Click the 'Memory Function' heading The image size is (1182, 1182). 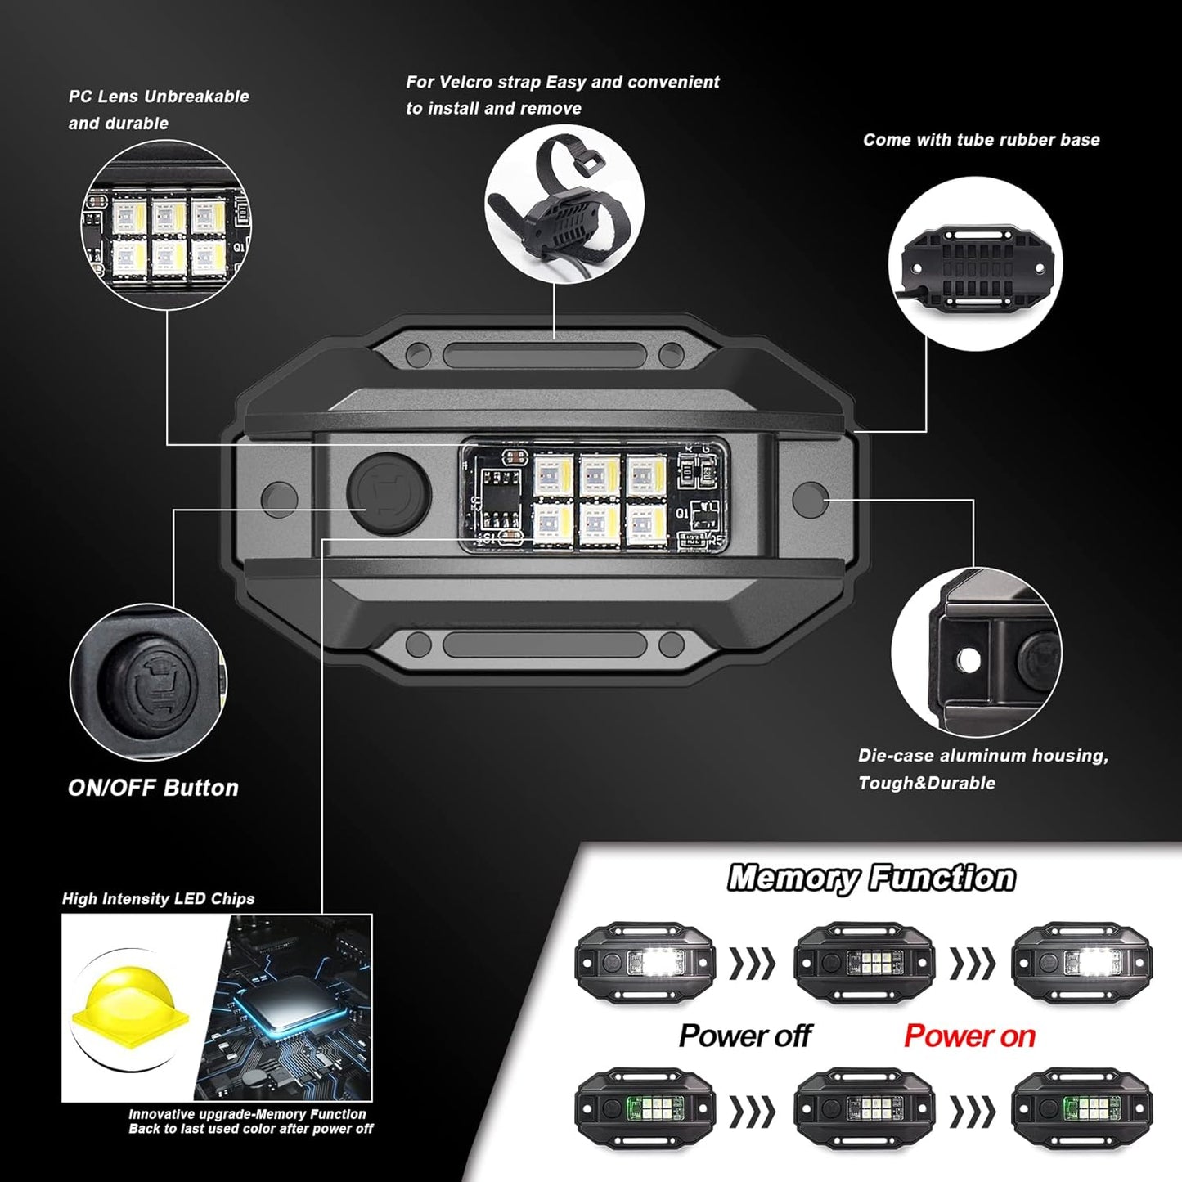click(871, 878)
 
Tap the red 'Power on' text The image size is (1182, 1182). click(970, 1036)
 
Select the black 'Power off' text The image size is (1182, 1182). click(745, 1036)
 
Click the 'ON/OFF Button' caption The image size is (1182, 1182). click(153, 788)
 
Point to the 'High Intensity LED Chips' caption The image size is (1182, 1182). click(158, 899)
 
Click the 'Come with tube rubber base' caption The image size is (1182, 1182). click(982, 140)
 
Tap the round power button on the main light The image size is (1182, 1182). click(389, 494)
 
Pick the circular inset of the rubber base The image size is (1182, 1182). click(975, 264)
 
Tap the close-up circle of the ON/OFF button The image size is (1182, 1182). click(148, 681)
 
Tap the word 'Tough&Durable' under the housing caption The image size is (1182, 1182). click(927, 784)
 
